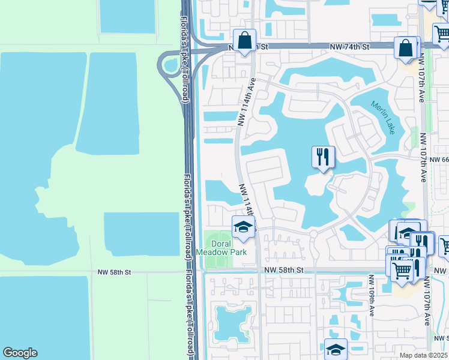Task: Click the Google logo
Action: coord(20,353)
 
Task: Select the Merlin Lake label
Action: coord(383,118)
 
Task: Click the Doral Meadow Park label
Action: coord(221,248)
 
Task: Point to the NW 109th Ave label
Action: coord(372,295)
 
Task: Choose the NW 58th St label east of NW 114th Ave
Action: coord(285,271)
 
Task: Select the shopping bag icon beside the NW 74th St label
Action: coord(406,48)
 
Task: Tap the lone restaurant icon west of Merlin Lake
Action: coord(324,157)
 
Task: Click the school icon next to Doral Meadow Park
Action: coord(243,227)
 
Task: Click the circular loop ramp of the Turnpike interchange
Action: coord(169,65)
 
